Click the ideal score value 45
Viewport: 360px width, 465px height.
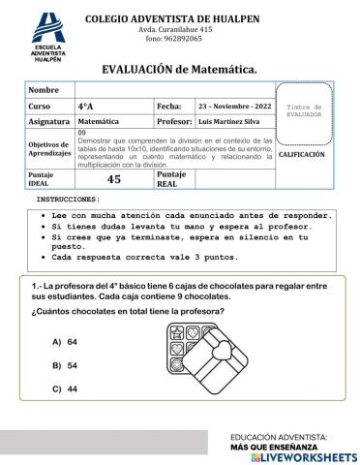(x=113, y=178)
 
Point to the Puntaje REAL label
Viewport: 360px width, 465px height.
(x=171, y=178)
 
